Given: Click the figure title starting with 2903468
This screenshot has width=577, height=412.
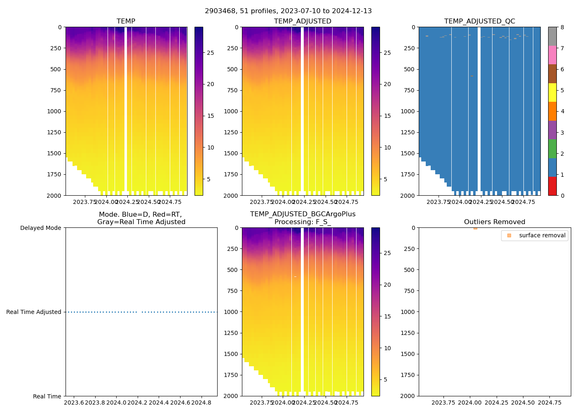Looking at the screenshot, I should (288, 11).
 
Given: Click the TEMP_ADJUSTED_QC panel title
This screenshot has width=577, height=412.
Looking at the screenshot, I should (479, 21).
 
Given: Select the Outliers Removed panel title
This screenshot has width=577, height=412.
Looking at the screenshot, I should (495, 222).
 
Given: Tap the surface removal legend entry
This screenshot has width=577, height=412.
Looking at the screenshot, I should (542, 236).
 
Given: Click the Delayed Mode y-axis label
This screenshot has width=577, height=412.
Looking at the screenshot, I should (40, 228).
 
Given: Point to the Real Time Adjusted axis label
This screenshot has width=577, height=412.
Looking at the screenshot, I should (34, 312).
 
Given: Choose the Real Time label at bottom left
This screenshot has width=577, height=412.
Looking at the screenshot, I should (47, 396).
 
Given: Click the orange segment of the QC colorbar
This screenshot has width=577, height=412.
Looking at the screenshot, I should (552, 111).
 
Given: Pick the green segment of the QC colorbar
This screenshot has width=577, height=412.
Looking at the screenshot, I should (552, 149).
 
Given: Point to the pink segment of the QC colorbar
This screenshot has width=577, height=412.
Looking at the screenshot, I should (552, 55).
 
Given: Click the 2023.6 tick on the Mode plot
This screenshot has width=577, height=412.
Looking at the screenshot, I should (74, 403).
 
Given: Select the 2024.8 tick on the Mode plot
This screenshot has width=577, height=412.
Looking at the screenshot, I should (202, 403).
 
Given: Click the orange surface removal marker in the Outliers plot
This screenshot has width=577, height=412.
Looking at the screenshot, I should (475, 228).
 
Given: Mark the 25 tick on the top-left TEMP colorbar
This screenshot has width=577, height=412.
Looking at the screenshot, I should (210, 53).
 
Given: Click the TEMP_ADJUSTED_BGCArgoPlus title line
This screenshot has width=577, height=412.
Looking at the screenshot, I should (303, 214).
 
